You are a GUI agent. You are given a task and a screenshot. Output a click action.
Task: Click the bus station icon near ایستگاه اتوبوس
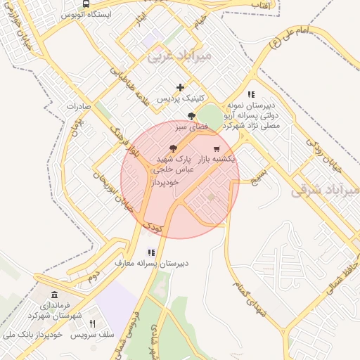[x=86, y=4]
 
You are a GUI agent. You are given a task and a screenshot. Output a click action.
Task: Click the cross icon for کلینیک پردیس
[x=181, y=88]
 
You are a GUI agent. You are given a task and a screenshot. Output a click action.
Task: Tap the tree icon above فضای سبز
[x=192, y=115]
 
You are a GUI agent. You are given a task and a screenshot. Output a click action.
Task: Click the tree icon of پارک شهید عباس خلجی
[x=174, y=148]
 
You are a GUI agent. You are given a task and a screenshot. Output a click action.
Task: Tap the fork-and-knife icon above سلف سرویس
[x=92, y=323]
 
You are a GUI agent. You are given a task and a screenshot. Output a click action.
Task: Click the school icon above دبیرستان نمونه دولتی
[x=250, y=94]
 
